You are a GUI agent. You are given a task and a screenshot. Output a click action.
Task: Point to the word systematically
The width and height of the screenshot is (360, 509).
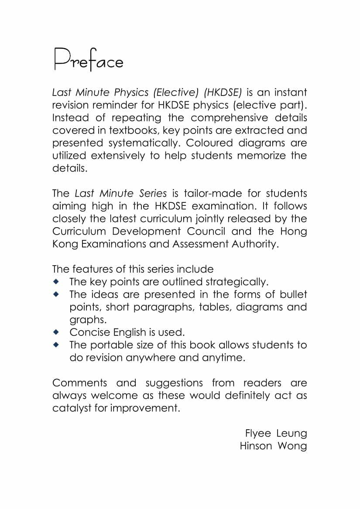(142, 143)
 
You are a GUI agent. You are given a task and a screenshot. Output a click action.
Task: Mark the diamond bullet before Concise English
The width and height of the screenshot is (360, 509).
(55, 332)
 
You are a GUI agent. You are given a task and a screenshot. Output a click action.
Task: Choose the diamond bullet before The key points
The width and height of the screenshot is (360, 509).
(55, 281)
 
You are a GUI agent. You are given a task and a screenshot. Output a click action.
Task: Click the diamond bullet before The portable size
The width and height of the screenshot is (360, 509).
(55, 345)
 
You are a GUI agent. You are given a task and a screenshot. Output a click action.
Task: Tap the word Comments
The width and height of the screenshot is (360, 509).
(79, 383)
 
